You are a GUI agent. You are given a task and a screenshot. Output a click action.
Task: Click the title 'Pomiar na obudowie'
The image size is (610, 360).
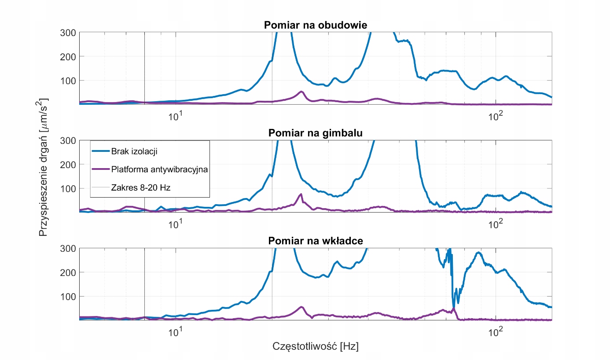(315, 25)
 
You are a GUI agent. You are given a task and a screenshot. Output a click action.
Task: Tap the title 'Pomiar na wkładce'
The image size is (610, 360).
(315, 241)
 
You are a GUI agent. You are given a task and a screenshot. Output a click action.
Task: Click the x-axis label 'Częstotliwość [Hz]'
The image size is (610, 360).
(316, 346)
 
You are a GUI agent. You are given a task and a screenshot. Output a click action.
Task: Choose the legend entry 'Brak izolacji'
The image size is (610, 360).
(134, 152)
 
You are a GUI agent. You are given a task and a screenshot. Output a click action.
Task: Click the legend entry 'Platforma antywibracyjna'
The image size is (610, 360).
(159, 169)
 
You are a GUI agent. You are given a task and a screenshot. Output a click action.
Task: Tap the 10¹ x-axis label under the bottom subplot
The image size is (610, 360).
(176, 331)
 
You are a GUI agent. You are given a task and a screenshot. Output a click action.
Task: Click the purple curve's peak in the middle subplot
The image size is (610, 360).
(301, 194)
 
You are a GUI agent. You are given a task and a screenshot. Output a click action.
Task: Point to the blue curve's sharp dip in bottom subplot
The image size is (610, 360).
(454, 308)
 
